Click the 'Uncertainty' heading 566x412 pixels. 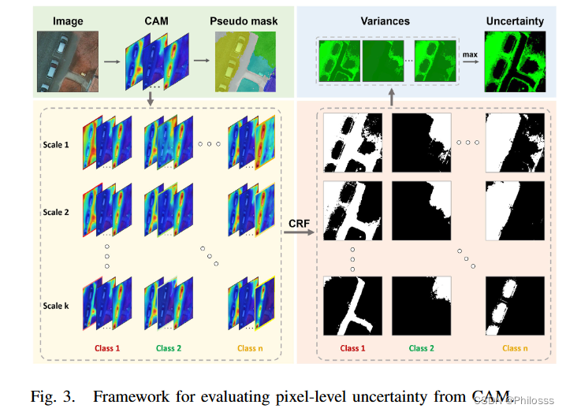513,22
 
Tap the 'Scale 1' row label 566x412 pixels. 56,145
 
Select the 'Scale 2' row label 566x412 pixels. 56,212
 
